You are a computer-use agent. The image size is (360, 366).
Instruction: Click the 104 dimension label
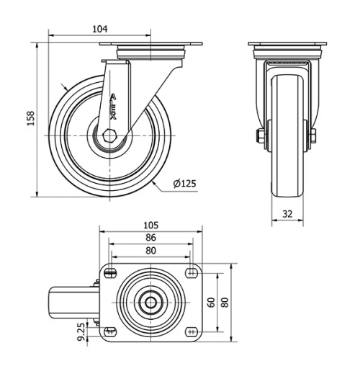(x=100, y=29)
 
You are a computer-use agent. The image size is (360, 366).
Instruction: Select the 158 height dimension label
(x=30, y=118)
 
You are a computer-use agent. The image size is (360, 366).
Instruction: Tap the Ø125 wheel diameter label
(x=184, y=184)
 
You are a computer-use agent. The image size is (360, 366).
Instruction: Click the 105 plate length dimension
(x=150, y=225)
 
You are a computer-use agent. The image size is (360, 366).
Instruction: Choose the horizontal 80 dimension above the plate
(x=150, y=251)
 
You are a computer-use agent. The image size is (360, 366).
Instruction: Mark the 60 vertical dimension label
(x=211, y=302)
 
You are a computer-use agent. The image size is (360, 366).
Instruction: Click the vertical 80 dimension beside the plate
(x=225, y=302)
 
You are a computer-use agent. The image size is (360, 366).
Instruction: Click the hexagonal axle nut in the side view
(x=108, y=135)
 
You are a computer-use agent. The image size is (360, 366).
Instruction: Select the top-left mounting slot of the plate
(x=110, y=272)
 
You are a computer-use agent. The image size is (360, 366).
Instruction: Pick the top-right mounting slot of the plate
(x=192, y=272)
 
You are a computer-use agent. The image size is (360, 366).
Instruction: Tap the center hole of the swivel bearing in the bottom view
(x=150, y=302)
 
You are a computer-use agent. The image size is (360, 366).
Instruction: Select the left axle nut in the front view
(x=260, y=135)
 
